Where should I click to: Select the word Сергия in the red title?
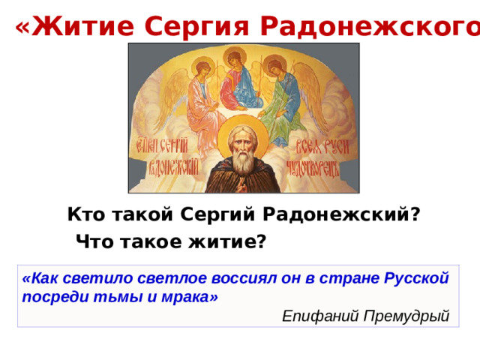[x=193, y=27]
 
